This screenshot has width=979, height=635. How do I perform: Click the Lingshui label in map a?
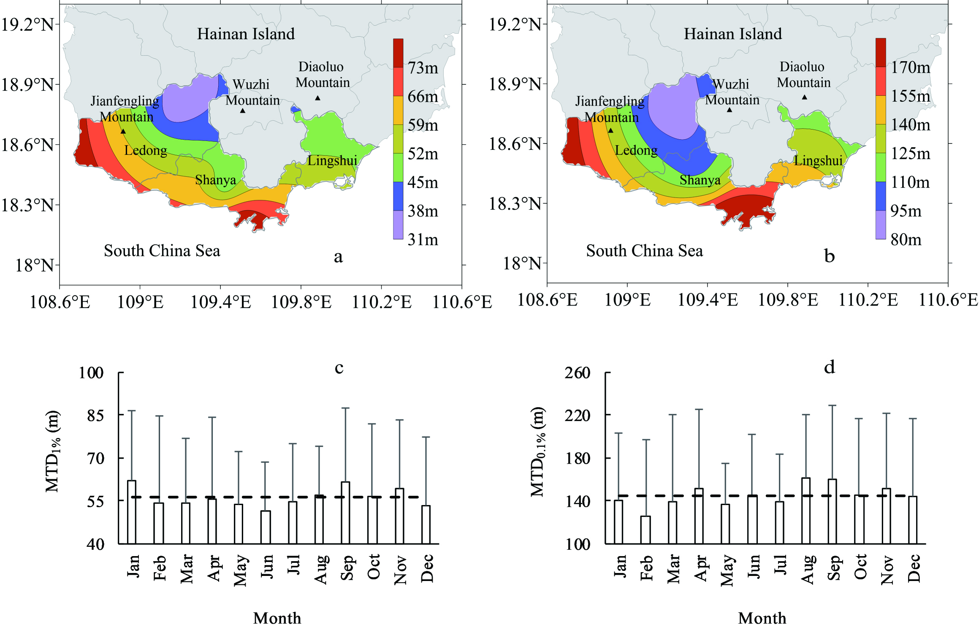(332, 161)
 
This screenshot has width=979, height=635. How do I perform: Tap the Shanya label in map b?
(700, 180)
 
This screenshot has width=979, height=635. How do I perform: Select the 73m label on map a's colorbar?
(423, 68)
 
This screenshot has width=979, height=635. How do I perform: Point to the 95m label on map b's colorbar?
(906, 211)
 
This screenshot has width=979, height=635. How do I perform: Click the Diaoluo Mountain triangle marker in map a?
(318, 98)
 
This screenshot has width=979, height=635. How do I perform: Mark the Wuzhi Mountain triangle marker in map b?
(729, 110)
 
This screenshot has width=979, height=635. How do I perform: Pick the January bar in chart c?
(132, 512)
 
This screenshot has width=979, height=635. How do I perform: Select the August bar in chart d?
(806, 511)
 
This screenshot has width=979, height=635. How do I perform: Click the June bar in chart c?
(266, 527)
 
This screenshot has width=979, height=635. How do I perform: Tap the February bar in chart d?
(645, 530)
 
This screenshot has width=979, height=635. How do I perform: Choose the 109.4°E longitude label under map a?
(221, 302)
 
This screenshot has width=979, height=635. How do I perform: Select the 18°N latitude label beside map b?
(522, 264)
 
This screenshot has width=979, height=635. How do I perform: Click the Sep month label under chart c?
(347, 568)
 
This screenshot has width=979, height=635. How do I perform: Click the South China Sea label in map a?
(162, 251)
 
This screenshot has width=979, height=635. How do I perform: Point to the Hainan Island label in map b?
(732, 34)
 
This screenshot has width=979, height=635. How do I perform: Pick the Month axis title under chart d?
(762, 618)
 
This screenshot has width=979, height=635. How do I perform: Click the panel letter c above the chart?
(339, 368)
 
